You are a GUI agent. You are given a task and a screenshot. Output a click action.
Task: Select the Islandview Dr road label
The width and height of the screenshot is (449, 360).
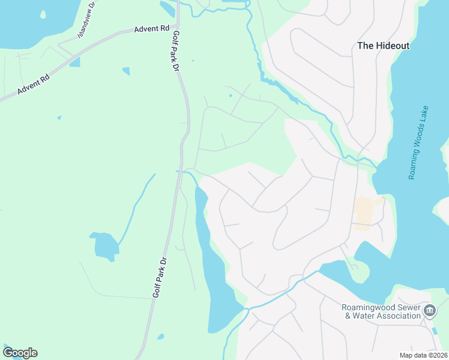[x=87, y=21]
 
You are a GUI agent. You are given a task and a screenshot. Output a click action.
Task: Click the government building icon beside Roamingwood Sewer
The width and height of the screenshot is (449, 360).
[x=430, y=311]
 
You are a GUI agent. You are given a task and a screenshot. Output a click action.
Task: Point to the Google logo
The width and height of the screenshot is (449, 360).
[x=20, y=353]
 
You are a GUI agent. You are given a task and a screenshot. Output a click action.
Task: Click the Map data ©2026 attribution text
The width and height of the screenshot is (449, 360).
[x=424, y=355]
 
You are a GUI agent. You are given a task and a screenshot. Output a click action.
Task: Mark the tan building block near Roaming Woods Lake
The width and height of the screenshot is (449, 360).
[x=363, y=214]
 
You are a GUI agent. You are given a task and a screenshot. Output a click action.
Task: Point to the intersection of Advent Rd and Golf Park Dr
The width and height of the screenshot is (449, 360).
[x=178, y=26]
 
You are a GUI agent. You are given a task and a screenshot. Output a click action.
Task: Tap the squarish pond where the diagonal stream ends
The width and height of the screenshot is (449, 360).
[x=104, y=245]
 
